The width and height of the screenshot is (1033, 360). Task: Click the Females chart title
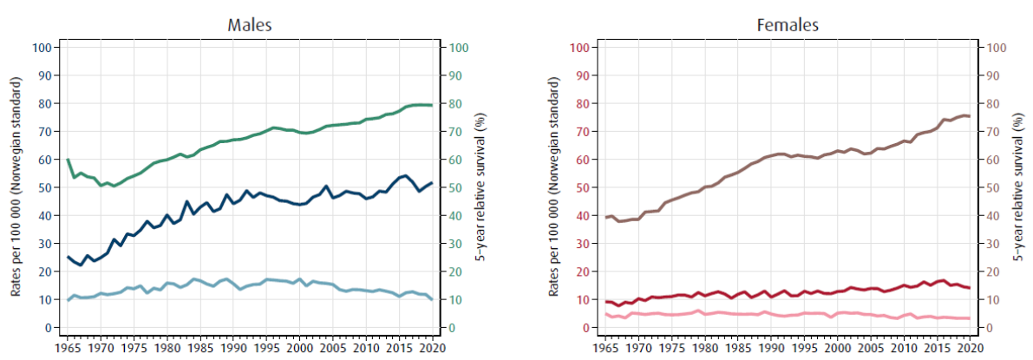[x=788, y=24]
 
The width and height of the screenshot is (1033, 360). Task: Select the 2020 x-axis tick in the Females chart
[x=971, y=347]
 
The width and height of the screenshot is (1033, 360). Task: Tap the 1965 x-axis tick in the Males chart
[x=68, y=347]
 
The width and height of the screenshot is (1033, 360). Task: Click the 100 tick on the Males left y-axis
[x=41, y=47]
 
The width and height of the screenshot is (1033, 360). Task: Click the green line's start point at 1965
[x=68, y=160]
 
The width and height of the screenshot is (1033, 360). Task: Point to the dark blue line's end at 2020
[x=431, y=183]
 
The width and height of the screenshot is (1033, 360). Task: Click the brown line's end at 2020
[x=970, y=116]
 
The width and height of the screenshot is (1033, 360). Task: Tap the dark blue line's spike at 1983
[x=186, y=202]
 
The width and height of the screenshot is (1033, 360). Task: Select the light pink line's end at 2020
[x=970, y=318]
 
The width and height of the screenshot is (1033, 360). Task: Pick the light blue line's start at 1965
[x=68, y=300]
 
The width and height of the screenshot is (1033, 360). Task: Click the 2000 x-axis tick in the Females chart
[x=838, y=347]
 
